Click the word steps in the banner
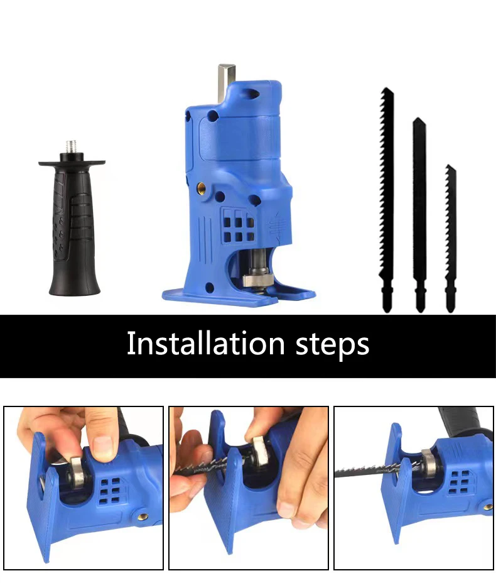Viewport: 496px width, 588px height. (x=332, y=345)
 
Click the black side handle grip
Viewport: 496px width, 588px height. (x=73, y=232)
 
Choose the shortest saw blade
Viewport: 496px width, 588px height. (x=450, y=239)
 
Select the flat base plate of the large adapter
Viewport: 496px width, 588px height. (x=239, y=295)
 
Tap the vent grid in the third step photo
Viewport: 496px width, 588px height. (x=463, y=477)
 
